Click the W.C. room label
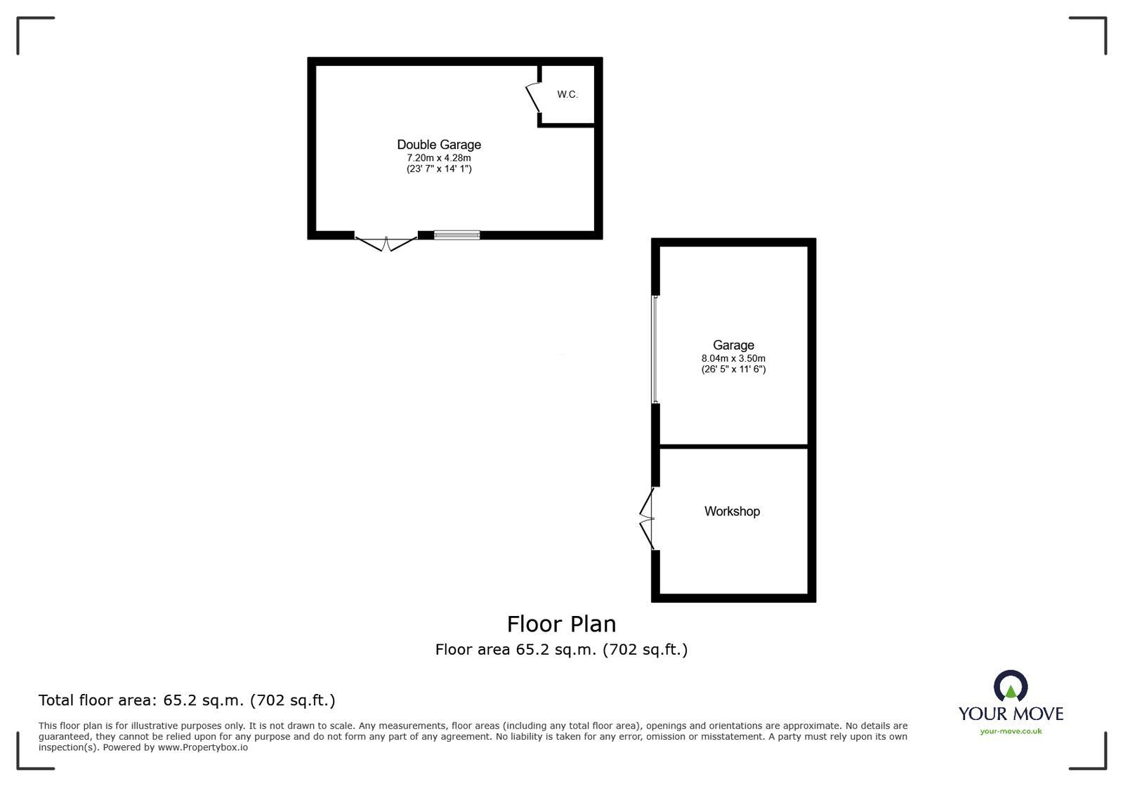tap(567, 94)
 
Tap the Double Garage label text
tap(439, 145)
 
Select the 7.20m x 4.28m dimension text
tap(439, 158)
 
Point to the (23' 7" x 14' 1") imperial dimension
tap(439, 169)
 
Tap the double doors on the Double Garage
tap(386, 243)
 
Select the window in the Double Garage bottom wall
tap(457, 235)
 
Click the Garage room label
tap(733, 345)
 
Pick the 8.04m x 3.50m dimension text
tap(733, 358)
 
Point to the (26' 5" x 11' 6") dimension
tap(733, 369)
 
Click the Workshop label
tap(732, 511)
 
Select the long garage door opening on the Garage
tap(655, 350)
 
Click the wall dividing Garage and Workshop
tap(733, 446)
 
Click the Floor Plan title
tap(561, 624)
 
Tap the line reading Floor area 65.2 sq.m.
tap(561, 650)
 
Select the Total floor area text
tap(187, 700)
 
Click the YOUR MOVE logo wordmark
tap(1011, 714)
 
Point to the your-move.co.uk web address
tap(1011, 731)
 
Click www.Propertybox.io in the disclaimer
tap(202, 747)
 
